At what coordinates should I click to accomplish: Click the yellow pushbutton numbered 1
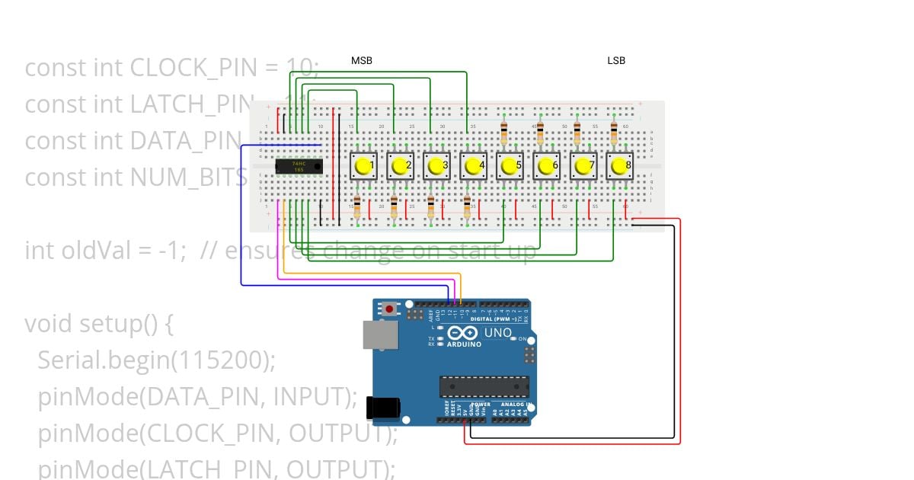click(x=363, y=165)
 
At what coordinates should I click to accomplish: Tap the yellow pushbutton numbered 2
click(x=400, y=165)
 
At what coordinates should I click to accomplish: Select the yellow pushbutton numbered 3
click(x=436, y=165)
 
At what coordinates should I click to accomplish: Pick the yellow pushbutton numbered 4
click(x=473, y=165)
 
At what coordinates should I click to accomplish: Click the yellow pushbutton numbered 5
click(x=510, y=165)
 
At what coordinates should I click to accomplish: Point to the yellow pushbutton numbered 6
click(x=546, y=165)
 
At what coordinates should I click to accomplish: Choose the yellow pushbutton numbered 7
click(x=583, y=165)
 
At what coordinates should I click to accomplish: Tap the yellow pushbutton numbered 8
click(x=619, y=165)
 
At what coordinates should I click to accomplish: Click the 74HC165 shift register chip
click(x=299, y=166)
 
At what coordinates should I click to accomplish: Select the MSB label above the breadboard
click(x=362, y=60)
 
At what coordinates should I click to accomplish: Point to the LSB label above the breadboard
click(x=616, y=60)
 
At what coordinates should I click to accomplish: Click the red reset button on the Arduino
click(x=391, y=309)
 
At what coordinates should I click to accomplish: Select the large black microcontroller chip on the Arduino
click(x=484, y=386)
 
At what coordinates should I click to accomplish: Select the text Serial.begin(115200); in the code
click(x=156, y=360)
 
